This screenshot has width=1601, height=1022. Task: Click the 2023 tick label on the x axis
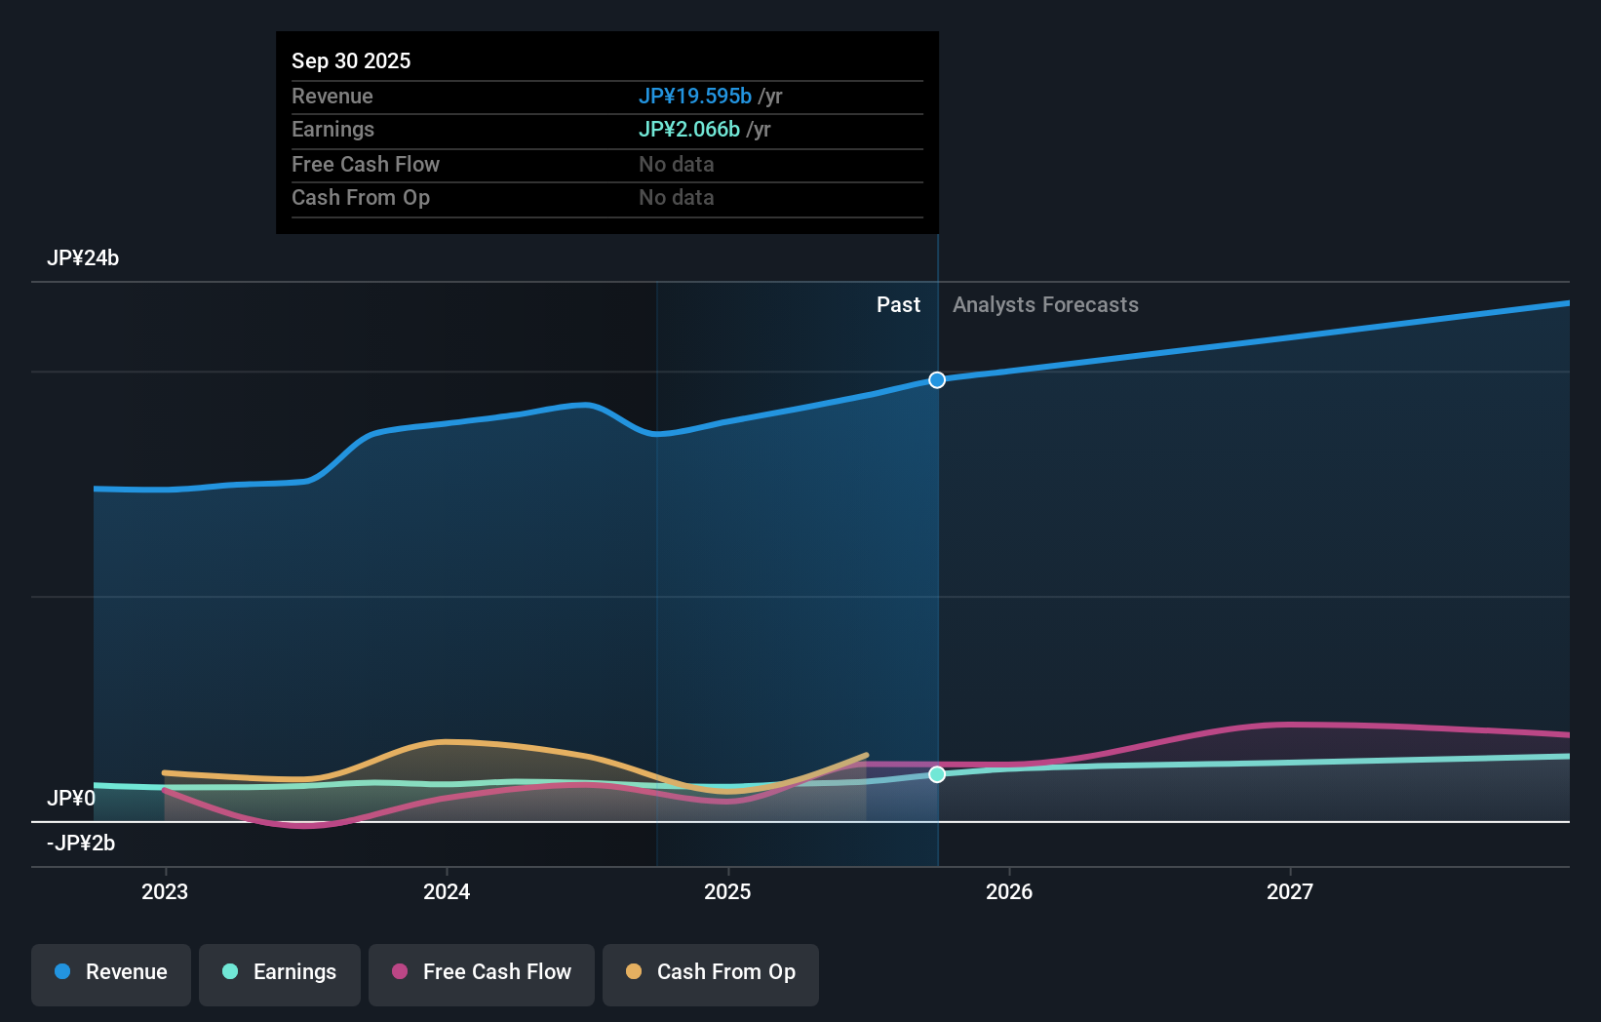tap(165, 891)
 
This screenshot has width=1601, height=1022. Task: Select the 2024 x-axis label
tap(447, 891)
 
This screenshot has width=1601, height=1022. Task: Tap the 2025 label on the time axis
tap(727, 891)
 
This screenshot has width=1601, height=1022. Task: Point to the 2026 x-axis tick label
tap(1008, 891)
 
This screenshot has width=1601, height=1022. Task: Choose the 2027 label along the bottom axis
tap(1289, 891)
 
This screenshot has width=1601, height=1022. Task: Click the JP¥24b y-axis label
tap(83, 258)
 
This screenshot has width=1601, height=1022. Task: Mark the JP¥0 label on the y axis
tap(71, 799)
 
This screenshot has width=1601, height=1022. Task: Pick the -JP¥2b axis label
tap(81, 844)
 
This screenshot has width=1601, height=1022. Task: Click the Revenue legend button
tap(111, 972)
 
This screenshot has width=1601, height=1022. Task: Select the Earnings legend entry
tap(280, 972)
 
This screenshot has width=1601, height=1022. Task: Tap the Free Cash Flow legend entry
tap(482, 972)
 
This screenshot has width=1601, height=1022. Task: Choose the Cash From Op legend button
tap(711, 972)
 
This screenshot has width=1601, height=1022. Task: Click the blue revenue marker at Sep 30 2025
tap(937, 380)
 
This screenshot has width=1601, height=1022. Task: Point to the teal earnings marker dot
tap(937, 774)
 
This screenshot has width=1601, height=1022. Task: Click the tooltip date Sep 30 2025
tap(351, 60)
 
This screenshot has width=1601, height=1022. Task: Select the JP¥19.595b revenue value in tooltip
tap(694, 96)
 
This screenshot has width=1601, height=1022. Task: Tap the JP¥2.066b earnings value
tap(688, 129)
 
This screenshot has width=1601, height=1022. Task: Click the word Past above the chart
tap(898, 305)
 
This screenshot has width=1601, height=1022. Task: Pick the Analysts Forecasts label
tap(1045, 305)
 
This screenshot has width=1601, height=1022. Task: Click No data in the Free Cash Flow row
tap(677, 164)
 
